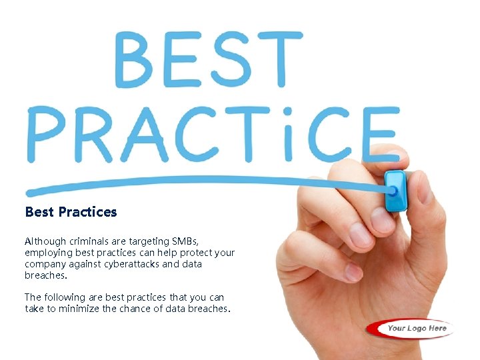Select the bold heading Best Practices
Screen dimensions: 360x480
(x=71, y=212)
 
